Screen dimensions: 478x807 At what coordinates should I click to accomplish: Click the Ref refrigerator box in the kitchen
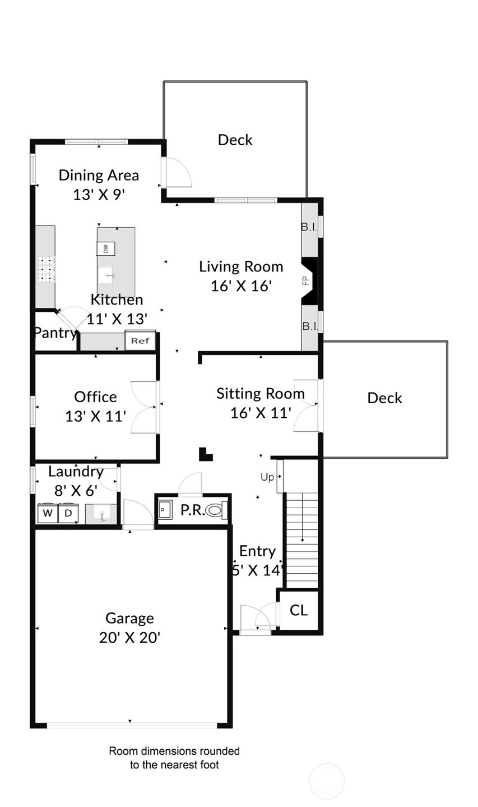tap(141, 340)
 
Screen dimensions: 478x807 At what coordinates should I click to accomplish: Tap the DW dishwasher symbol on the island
tap(106, 248)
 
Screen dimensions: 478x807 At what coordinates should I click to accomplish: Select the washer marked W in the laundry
tap(48, 513)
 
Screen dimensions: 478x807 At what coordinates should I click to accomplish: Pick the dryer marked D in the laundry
tap(68, 513)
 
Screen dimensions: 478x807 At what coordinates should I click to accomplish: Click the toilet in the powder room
tap(216, 510)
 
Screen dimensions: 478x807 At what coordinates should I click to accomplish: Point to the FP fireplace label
tap(306, 280)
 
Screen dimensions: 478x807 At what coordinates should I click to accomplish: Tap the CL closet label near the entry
tap(299, 611)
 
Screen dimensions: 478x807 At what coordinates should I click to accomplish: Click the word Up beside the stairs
tap(267, 477)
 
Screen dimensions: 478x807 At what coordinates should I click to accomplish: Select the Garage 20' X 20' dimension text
tap(129, 638)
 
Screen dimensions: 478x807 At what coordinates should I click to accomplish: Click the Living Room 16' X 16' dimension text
tap(241, 286)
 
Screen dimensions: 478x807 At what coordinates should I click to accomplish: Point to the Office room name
tap(95, 397)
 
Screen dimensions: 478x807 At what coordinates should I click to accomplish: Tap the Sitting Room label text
tap(260, 394)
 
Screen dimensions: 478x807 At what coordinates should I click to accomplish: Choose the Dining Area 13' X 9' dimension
tap(99, 195)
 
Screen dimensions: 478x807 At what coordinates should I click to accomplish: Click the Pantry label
tap(55, 333)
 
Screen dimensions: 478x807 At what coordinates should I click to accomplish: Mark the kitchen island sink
tap(106, 275)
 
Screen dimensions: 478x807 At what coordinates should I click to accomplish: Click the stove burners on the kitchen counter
tap(46, 269)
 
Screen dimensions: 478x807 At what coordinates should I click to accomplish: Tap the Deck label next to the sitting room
tap(384, 398)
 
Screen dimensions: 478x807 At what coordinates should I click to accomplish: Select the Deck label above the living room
tap(235, 140)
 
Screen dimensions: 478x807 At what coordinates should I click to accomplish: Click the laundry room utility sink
tap(101, 514)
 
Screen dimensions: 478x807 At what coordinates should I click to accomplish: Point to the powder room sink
tap(165, 510)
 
